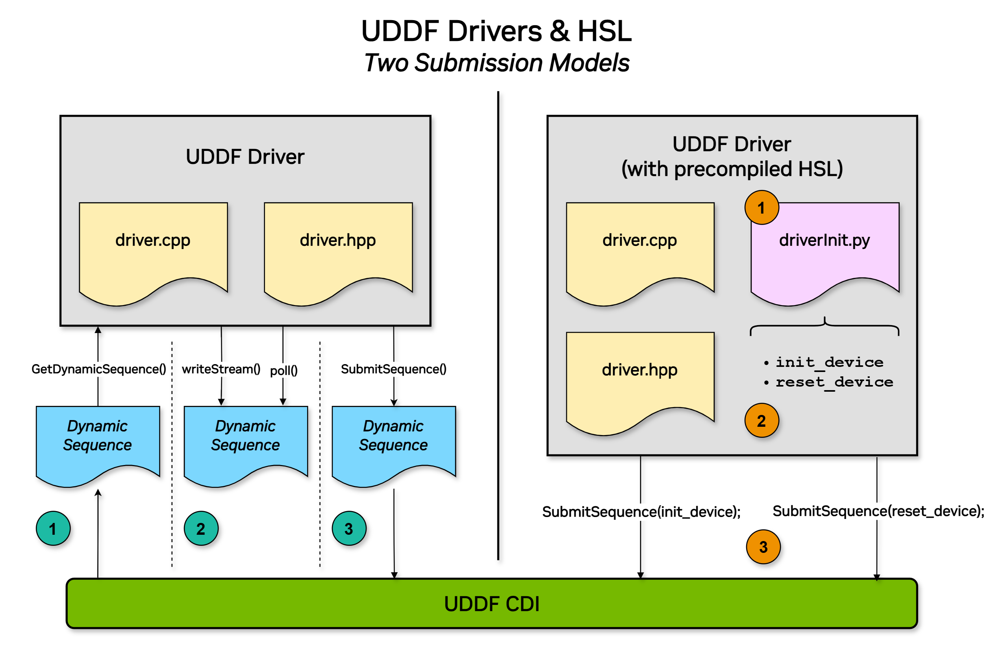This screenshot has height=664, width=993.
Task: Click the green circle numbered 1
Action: (53, 528)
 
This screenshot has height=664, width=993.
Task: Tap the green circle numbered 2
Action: (201, 528)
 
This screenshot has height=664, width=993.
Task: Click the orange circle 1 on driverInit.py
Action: (761, 208)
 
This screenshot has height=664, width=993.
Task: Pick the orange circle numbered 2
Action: (761, 420)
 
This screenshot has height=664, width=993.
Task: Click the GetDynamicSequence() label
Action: (98, 369)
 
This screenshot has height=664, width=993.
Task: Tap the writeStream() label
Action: (221, 369)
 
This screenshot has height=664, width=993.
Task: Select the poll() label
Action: (283, 370)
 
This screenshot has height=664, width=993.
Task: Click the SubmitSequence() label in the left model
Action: (393, 369)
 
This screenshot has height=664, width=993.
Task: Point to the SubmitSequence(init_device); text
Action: (641, 511)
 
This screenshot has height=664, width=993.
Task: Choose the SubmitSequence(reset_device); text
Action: (878, 511)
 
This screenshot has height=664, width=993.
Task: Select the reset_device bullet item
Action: (834, 382)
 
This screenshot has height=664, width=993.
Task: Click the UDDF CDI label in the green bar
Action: (492, 604)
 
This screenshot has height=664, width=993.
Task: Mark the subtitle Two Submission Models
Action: (497, 63)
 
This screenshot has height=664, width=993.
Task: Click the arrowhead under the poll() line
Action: (283, 402)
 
